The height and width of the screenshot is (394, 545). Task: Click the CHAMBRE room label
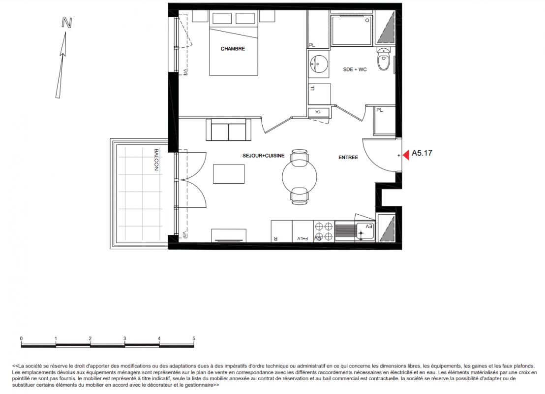click(x=233, y=49)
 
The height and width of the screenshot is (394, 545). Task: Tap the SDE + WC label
click(x=355, y=69)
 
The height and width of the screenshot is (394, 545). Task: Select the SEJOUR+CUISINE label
click(x=264, y=156)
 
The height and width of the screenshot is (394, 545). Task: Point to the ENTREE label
click(x=348, y=157)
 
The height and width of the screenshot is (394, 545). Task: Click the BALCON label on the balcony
click(x=156, y=160)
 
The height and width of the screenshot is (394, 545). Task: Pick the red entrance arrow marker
click(x=406, y=155)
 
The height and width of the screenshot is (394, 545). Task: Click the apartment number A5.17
click(x=422, y=153)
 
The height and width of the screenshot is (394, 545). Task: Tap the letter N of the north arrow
click(x=67, y=23)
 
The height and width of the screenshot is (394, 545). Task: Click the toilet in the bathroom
click(x=384, y=59)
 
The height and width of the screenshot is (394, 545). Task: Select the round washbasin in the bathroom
click(x=318, y=64)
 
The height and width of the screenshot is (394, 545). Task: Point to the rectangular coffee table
click(x=229, y=174)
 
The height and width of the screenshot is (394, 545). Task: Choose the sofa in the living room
click(x=228, y=130)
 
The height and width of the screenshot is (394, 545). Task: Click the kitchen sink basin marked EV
click(x=365, y=231)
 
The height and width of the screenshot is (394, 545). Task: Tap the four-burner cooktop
click(x=324, y=231)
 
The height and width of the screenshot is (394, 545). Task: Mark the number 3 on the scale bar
click(x=125, y=338)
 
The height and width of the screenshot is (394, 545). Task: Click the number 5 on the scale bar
click(x=194, y=338)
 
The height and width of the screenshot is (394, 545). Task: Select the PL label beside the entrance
click(x=380, y=110)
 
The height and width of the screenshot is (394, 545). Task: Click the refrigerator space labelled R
click(x=281, y=231)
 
